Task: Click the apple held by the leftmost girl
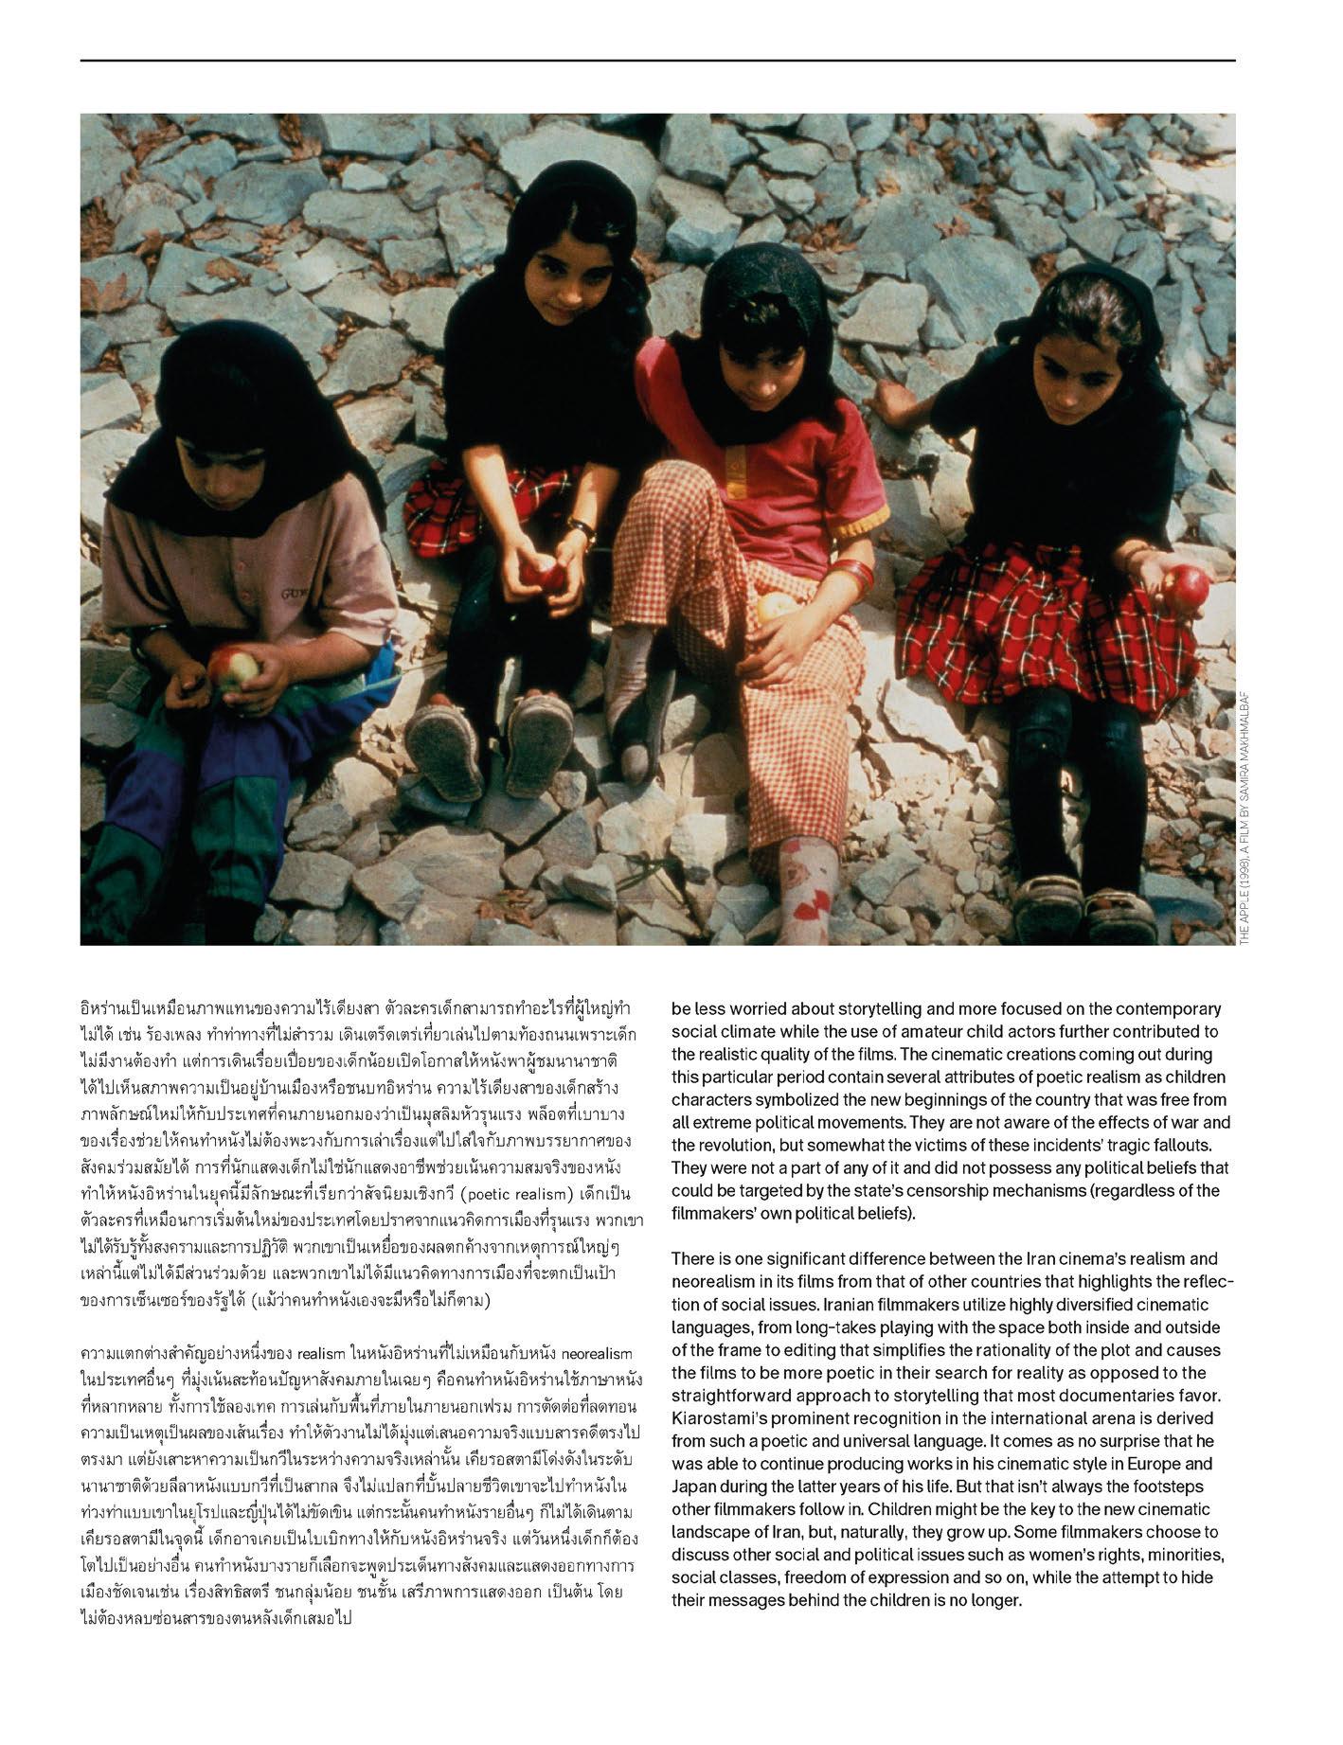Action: pyautogui.click(x=233, y=668)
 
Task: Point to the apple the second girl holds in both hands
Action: pyautogui.click(x=541, y=573)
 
